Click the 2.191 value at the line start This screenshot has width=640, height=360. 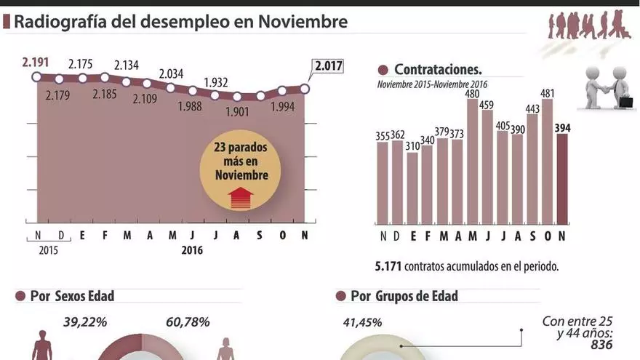(36, 62)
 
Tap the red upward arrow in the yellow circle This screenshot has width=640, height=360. (240, 197)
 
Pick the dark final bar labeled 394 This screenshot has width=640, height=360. (563, 179)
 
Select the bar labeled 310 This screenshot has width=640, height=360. (413, 188)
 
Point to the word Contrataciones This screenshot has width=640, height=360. (438, 70)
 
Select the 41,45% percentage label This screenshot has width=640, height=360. (361, 322)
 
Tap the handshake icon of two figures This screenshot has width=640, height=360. (609, 88)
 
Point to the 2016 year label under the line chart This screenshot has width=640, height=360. (192, 249)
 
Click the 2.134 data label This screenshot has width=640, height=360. (127, 66)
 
